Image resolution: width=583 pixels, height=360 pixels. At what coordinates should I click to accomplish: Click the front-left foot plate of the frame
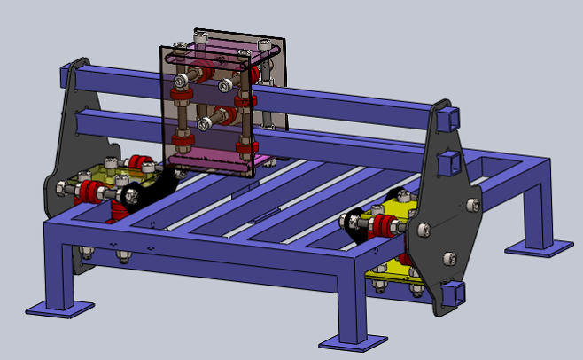pos(59,308)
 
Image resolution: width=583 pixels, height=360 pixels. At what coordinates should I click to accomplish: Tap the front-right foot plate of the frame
pos(353,340)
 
